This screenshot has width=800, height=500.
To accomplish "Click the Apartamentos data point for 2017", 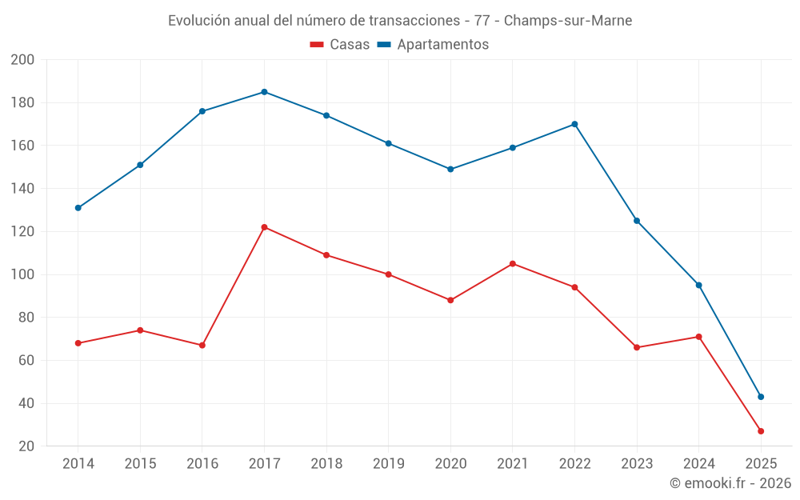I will click(x=264, y=92).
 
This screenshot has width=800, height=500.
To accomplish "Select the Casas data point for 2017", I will click(x=264, y=227).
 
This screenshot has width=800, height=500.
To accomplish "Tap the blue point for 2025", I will click(x=761, y=397).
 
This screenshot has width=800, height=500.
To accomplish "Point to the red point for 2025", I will click(x=761, y=431).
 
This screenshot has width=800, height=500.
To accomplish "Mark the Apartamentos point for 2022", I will click(x=574, y=124).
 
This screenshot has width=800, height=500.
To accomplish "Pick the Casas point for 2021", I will click(x=513, y=264).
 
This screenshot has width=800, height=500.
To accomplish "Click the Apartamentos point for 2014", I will click(x=78, y=208).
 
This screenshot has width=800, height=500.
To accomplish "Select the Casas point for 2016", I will click(x=202, y=346).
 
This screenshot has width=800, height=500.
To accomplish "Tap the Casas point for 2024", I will click(x=698, y=337).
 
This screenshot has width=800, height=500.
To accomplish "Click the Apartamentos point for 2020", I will click(x=450, y=170).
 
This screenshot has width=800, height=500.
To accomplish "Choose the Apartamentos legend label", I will click(x=442, y=45).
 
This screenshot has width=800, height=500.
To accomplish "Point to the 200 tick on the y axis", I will click(x=22, y=60).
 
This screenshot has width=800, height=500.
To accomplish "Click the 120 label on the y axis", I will click(x=22, y=232).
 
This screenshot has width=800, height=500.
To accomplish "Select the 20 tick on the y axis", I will click(x=26, y=446).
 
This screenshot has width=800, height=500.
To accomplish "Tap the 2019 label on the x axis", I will click(x=389, y=464).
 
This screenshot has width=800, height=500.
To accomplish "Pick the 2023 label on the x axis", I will click(x=637, y=464).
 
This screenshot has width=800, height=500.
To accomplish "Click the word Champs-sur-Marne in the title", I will click(x=567, y=21).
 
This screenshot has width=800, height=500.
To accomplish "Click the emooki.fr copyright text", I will click(x=730, y=483).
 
